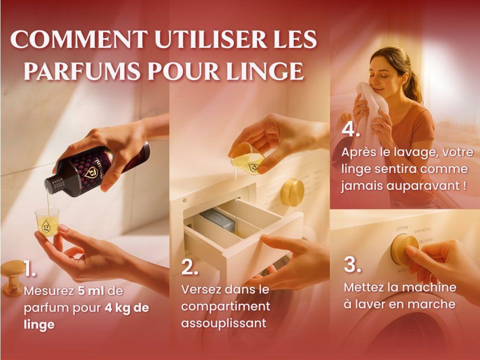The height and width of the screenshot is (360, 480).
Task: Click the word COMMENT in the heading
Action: pos(79,39)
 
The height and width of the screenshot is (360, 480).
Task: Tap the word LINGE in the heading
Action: pos(265,71)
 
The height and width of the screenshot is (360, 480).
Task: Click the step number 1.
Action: pos(30,269)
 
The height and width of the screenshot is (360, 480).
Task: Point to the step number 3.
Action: pos(352,264)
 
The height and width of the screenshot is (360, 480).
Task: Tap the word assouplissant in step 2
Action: pos(224,323)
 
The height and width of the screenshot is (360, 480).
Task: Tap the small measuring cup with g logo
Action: pos(47,222)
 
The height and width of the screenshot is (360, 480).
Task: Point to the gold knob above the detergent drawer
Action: pos(292,192)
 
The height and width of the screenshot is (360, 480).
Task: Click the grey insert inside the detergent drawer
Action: pos(218,220)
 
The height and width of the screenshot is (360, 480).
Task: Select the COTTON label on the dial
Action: pos(402,228)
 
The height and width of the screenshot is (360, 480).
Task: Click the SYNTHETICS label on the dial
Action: pos(422,231)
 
